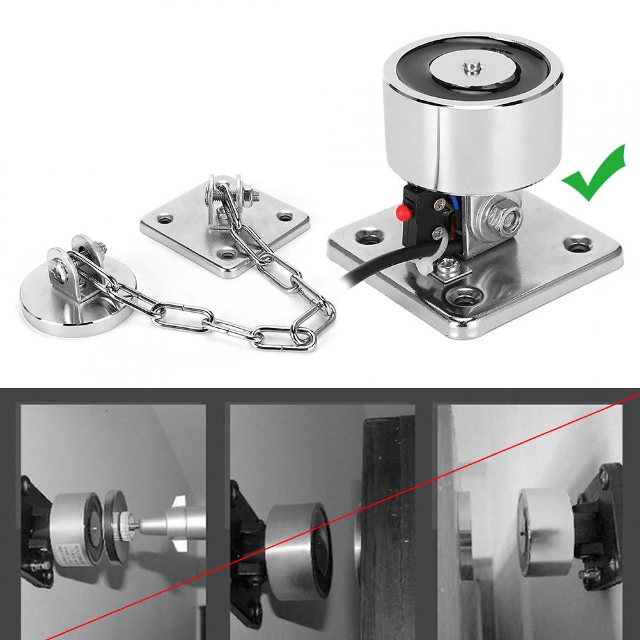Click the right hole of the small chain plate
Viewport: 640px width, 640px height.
click(285, 217)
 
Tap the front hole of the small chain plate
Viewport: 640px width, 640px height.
click(229, 253)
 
